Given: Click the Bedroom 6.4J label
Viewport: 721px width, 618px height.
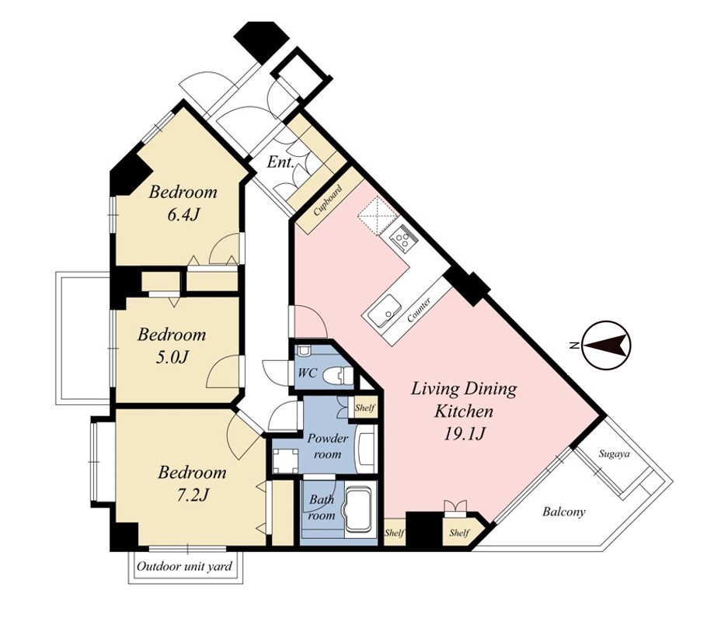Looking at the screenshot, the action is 183,203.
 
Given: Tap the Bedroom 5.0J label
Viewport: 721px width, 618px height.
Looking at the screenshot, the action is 172,345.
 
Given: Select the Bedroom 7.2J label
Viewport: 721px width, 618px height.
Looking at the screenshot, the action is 192,484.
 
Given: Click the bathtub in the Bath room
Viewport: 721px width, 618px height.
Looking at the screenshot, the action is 360,509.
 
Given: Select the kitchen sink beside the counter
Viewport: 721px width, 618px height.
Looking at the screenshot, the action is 385,309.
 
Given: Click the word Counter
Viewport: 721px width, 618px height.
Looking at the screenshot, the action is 419,310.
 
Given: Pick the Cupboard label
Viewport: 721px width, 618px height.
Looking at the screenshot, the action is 327,200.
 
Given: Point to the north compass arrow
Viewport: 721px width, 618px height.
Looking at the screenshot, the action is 606,345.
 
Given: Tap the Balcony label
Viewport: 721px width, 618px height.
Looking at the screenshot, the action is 564,512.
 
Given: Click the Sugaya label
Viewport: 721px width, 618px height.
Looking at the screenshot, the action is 614,454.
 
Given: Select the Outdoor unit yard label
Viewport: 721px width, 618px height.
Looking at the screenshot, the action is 184,566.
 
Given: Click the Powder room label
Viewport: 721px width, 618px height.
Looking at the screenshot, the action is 327,446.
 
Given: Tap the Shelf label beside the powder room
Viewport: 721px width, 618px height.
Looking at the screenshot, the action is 364,408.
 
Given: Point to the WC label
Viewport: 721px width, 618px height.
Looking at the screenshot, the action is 307,373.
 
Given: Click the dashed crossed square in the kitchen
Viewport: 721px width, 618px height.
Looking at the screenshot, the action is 379,214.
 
